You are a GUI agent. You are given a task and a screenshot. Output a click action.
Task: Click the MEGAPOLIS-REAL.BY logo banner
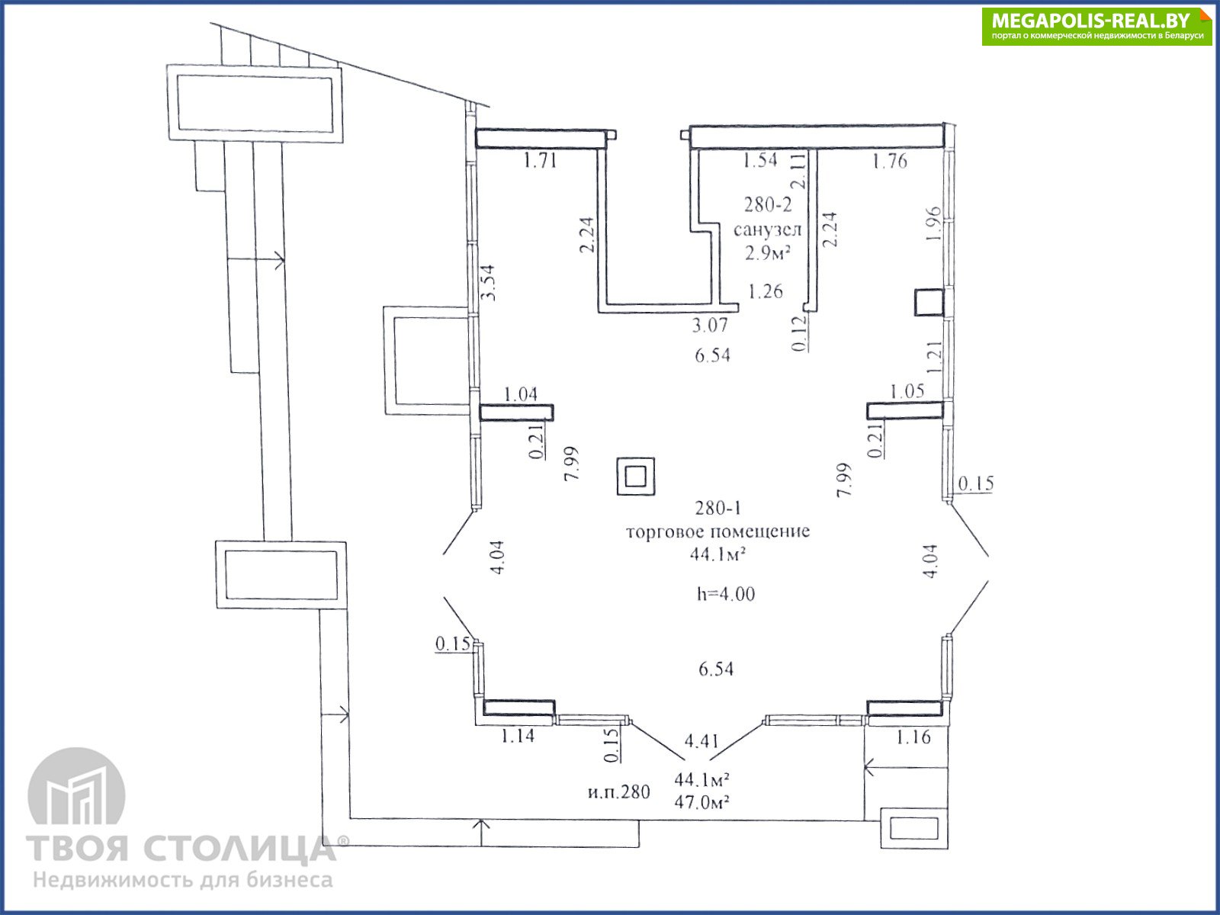point(1096,26)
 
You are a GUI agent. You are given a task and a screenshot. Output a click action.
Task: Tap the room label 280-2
point(768,205)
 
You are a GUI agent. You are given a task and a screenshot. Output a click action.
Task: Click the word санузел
point(768,230)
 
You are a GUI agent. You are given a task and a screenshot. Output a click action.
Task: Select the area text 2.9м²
point(768,253)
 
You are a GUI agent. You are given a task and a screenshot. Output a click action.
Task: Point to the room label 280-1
point(718,508)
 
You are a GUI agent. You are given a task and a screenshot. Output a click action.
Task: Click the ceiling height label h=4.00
point(726,594)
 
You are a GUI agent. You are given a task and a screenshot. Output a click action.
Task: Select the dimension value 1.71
point(540,161)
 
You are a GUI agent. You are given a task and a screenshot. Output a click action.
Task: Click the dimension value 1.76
point(889,161)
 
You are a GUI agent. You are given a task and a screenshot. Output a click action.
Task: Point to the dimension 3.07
point(710,325)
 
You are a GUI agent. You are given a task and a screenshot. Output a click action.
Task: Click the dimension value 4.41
point(701,740)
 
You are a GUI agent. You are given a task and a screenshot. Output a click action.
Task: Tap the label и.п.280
point(618,791)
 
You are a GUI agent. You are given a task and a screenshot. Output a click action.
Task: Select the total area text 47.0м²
point(701,802)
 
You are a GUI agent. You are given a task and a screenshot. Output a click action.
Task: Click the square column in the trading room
point(636,476)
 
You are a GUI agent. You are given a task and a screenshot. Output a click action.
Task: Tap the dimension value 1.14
point(518,736)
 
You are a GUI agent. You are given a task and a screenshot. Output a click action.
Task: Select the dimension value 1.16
point(913,737)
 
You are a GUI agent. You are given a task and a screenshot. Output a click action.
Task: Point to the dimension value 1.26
point(766,291)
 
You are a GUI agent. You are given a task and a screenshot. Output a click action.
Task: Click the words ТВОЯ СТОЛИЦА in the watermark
point(181,849)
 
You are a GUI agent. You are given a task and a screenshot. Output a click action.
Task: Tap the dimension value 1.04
point(520,394)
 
